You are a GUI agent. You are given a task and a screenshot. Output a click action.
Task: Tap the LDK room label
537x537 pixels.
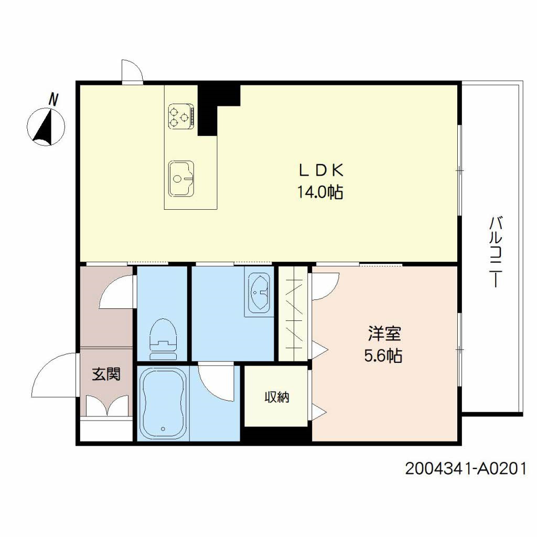click(320, 170)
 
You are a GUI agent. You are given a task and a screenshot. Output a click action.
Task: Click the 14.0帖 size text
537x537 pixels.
click(320, 192)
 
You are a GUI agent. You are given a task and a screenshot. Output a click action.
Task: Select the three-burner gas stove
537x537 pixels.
click(181, 116)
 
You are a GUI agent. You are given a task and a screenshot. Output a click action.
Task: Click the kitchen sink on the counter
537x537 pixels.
click(181, 178)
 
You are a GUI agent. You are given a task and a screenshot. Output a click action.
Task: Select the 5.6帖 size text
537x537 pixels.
click(383, 356)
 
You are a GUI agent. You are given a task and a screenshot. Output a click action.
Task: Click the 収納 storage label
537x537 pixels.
click(276, 398)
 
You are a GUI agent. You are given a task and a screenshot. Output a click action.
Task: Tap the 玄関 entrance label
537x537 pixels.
click(106, 374)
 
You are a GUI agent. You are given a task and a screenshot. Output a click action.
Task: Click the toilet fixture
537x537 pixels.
click(162, 338)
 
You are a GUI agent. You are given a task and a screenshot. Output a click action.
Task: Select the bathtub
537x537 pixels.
click(163, 403)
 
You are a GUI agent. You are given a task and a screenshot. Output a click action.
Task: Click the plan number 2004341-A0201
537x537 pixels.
click(465, 468)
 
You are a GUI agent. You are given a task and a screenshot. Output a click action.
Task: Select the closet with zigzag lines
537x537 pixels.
click(293, 314)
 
